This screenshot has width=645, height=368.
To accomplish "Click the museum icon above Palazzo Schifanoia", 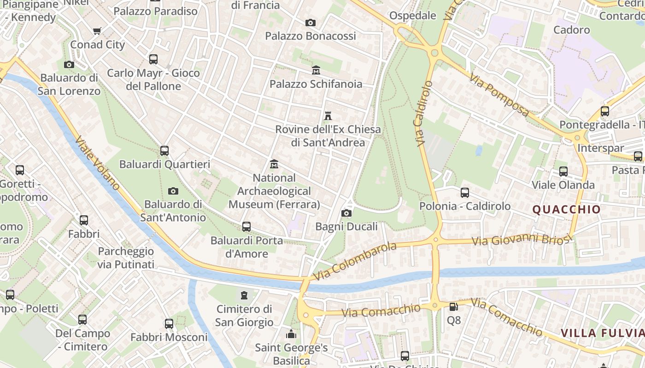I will tap(316, 70).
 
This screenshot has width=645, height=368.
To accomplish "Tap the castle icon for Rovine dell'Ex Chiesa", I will tap(328, 115).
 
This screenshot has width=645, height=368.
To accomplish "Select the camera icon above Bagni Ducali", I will tap(346, 213).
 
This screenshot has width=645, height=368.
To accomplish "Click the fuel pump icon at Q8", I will tap(454, 306).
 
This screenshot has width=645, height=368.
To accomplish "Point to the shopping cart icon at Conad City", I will tap(97, 31).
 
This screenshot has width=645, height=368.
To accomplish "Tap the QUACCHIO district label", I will tap(567, 210).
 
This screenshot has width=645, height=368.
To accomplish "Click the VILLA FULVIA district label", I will tap(602, 333).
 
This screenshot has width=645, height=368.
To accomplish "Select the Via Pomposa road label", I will tap(499, 95).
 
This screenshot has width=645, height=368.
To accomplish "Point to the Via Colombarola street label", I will tap(355, 261).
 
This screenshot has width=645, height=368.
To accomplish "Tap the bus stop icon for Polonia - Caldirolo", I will tap(465, 193).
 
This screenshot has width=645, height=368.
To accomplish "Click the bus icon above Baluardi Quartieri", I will tap(164, 150).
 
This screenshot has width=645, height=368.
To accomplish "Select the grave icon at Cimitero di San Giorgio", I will tap(244, 295).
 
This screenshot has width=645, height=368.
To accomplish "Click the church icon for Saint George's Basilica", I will tap(291, 334).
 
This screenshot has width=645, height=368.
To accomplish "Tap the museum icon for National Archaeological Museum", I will tap(274, 164).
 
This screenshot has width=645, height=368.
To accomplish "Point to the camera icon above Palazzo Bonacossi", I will tap(311, 23).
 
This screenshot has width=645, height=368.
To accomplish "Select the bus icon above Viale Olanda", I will tap(563, 172).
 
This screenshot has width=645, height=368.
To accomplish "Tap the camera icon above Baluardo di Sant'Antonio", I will tap(173, 191).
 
